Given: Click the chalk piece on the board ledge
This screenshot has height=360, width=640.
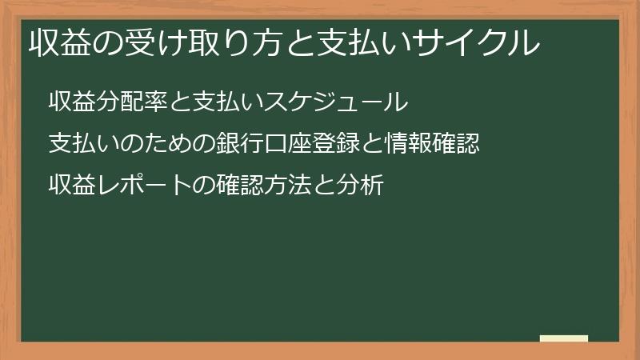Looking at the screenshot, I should pyautogui.click(x=564, y=338).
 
